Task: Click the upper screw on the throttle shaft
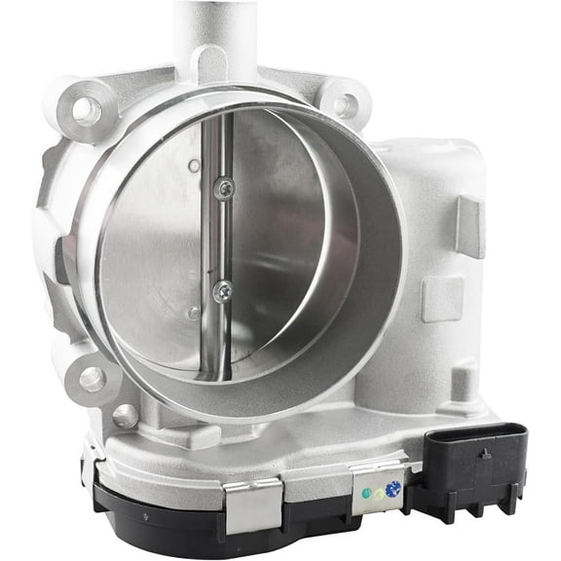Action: pos(225,188)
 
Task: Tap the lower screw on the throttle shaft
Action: pos(223,289)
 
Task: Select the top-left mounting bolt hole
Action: pos(87,110)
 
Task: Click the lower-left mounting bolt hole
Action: pos(93,378)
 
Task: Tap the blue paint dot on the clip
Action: pos(393,490)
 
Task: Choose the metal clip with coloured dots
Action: pos(378,490)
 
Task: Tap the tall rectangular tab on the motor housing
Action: pos(469,226)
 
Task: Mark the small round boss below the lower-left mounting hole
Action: pos(125,416)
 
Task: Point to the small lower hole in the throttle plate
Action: pos(194,313)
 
